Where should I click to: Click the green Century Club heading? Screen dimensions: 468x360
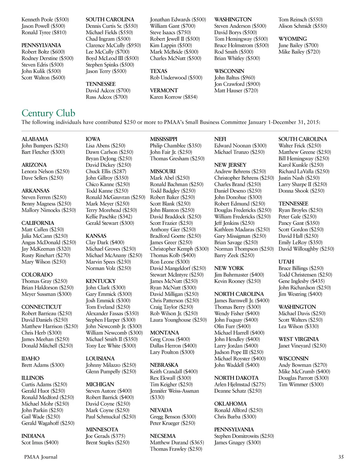click(x=48, y=113)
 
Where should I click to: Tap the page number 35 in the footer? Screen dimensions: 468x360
click(x=341, y=457)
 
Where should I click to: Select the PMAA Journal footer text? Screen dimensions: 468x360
click(x=40, y=457)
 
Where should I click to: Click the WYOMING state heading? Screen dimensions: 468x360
click(x=292, y=39)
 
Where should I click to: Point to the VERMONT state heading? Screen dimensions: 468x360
click(x=164, y=90)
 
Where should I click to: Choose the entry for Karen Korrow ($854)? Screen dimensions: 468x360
click(x=174, y=97)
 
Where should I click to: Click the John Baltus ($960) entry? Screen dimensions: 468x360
click(x=234, y=77)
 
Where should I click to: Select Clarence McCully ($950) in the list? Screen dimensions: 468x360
click(x=113, y=45)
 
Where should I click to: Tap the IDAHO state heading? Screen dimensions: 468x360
click(x=31, y=359)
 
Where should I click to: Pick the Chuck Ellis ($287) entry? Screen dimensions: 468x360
click(x=106, y=171)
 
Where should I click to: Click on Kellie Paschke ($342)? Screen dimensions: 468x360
click(x=109, y=216)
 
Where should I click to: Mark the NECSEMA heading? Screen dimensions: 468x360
click(x=163, y=436)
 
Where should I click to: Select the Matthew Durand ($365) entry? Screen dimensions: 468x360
click(x=177, y=442)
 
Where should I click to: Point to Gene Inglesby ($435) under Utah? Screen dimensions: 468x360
click(x=301, y=281)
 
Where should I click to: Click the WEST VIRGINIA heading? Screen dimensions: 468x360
click(x=298, y=339)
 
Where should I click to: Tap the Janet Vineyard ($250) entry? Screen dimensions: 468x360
click(x=302, y=346)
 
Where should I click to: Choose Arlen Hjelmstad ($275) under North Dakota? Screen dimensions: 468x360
click(x=240, y=384)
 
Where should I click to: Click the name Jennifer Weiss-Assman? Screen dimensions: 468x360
click(x=174, y=391)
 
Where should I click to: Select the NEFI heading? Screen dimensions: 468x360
click(x=220, y=139)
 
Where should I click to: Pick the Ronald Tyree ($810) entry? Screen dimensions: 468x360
click(x=44, y=32)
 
